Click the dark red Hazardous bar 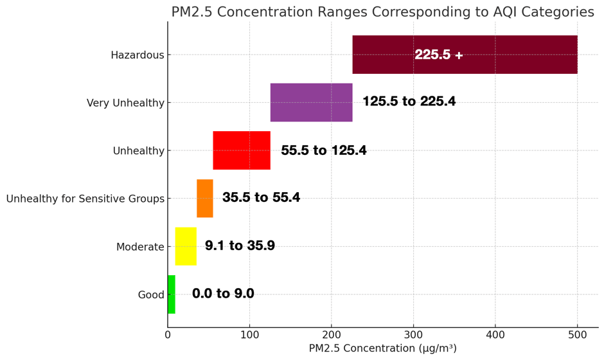click(501, 55)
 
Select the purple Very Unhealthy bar click(311, 102)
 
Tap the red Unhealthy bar click(242, 150)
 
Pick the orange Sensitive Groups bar click(205, 198)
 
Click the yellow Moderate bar click(186, 246)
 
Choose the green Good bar click(172, 294)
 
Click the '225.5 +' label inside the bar click(439, 55)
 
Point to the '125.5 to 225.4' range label click(409, 102)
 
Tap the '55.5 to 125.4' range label click(324, 150)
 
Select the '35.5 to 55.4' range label click(261, 198)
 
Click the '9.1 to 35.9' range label click(240, 246)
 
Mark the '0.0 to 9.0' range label click(223, 294)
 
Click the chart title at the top click(382, 12)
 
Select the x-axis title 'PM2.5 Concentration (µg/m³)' click(382, 348)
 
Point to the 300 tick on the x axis click(413, 335)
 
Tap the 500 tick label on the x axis click(577, 335)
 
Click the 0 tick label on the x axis click(168, 335)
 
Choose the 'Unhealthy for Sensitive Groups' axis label click(85, 199)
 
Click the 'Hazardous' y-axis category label click(137, 55)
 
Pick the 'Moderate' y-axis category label click(140, 247)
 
